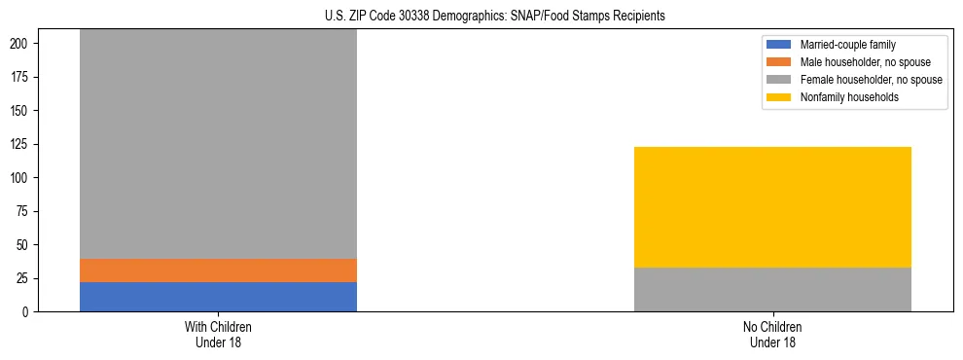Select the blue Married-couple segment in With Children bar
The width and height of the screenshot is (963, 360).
[x=218, y=297]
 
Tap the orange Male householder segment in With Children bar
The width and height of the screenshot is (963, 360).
[x=218, y=270]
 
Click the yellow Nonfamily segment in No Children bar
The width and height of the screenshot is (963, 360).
[x=772, y=207]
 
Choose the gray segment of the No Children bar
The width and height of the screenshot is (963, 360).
[x=772, y=289]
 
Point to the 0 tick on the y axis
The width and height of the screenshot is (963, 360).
[x=28, y=312]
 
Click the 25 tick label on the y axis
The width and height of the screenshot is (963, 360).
[x=25, y=279]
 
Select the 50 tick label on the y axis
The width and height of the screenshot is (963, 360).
[x=25, y=245]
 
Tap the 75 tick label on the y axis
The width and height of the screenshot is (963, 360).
[x=25, y=212]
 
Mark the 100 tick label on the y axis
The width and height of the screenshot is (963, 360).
[x=22, y=179]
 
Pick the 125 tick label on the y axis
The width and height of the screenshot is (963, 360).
[x=22, y=145]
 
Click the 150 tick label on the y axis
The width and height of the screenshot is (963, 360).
[x=22, y=112]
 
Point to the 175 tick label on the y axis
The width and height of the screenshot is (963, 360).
[x=22, y=78]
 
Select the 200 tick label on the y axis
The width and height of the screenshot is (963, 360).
[x=22, y=45]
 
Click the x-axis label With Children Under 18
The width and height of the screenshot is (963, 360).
[x=218, y=335]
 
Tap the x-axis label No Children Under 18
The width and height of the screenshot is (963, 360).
[x=772, y=335]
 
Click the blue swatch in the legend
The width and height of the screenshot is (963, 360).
[x=779, y=45]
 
